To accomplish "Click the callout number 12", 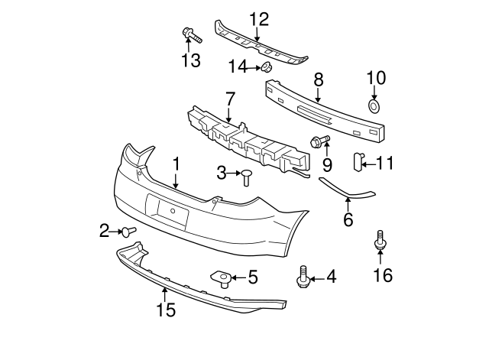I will click(x=259, y=18).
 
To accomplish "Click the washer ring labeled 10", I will click(x=375, y=105).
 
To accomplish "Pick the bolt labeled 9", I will click(x=319, y=141).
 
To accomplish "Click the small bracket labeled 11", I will click(x=356, y=161).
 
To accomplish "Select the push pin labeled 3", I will click(x=248, y=177).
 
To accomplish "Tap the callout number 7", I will click(x=229, y=99).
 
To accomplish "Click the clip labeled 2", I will click(x=130, y=230).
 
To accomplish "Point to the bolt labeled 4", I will click(x=303, y=277).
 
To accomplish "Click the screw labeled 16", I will click(x=380, y=242).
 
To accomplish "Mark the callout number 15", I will click(x=165, y=310).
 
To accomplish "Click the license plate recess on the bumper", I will click(x=167, y=211).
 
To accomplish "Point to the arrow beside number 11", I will click(x=367, y=162).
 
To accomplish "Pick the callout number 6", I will click(x=348, y=220).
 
